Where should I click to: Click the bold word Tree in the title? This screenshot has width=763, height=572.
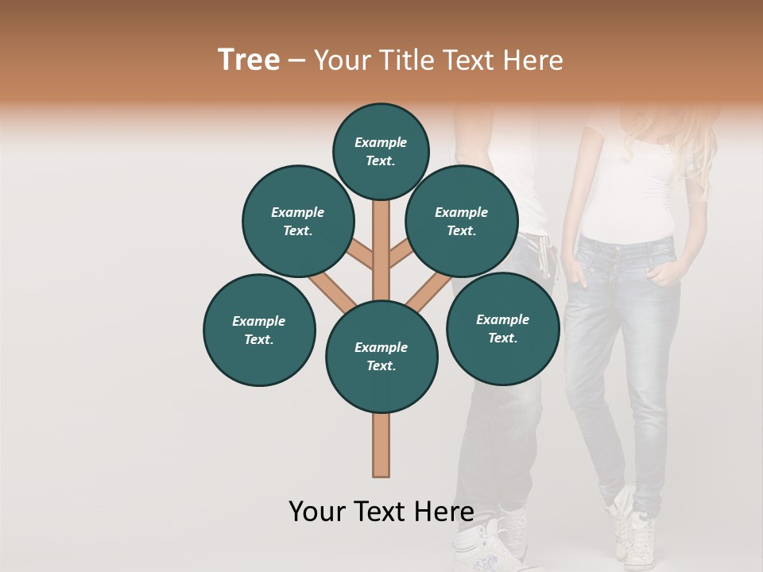click(249, 60)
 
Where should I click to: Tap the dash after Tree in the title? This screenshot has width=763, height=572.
click(297, 61)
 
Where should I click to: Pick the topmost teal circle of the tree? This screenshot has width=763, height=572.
click(381, 151)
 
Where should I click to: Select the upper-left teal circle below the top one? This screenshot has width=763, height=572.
click(298, 221)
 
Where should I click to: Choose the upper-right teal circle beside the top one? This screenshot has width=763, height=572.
click(462, 221)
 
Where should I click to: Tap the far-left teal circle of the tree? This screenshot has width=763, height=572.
click(259, 330)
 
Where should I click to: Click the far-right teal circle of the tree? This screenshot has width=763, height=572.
click(502, 328)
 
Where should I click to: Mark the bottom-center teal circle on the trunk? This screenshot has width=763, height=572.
click(381, 357)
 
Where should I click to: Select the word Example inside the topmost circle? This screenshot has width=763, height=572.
click(381, 143)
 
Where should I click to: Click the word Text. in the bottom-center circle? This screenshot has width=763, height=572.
click(381, 366)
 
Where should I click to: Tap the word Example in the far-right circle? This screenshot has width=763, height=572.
click(502, 319)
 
